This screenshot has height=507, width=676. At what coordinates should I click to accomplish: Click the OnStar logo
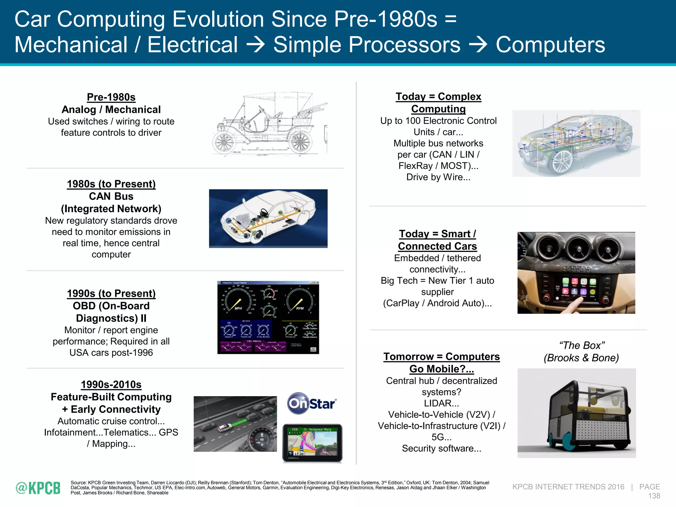pyautogui.click(x=312, y=403)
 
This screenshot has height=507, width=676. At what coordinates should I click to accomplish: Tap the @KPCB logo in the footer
pyautogui.click(x=38, y=488)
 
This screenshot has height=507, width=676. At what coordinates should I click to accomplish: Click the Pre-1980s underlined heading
pyautogui.click(x=111, y=97)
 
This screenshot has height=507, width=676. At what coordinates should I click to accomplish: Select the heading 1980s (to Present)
pyautogui.click(x=111, y=184)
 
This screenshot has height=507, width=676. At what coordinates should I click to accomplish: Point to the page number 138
pyautogui.click(x=654, y=496)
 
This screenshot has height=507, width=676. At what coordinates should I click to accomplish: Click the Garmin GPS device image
pyautogui.click(x=312, y=443)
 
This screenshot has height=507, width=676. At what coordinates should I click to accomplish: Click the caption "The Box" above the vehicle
pyautogui.click(x=582, y=345)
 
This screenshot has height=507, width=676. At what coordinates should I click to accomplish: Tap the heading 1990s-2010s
pyautogui.click(x=111, y=385)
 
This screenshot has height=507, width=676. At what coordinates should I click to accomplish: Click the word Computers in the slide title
pyautogui.click(x=550, y=45)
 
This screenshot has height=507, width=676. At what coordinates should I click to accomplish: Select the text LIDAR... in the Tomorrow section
pyautogui.click(x=441, y=403)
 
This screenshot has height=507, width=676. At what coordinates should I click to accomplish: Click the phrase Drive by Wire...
pyautogui.click(x=438, y=177)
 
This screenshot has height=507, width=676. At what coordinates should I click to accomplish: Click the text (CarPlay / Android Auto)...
pyautogui.click(x=437, y=303)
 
